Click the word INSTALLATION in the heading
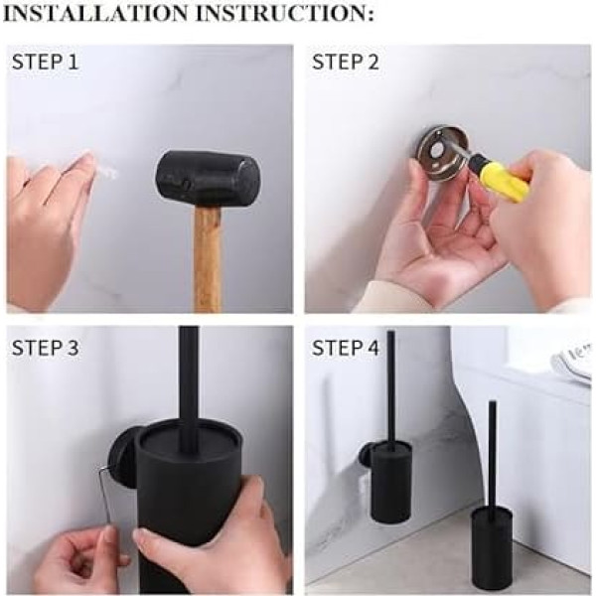pos(95,13)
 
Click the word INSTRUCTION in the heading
pos(285,13)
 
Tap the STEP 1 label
pos(46,62)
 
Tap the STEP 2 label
pos(346,62)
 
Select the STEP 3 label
pos(46,348)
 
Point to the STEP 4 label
pos(346,348)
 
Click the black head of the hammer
pos(208,179)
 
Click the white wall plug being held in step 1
pos(107,172)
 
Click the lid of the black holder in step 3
pos(189,443)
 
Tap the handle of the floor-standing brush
pos(493,452)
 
